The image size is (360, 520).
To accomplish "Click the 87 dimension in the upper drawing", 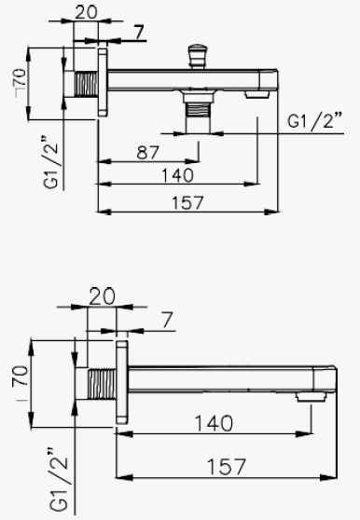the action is pyautogui.click(x=148, y=153).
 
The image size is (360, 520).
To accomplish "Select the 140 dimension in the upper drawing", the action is pyautogui.click(x=177, y=175).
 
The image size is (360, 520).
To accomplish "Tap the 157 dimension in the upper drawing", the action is pyautogui.click(x=187, y=202).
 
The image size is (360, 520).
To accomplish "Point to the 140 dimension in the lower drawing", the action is pyautogui.click(x=214, y=423).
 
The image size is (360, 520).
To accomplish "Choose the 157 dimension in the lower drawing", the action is pyautogui.click(x=227, y=467).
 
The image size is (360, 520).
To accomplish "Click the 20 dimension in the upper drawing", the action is pyautogui.click(x=86, y=12).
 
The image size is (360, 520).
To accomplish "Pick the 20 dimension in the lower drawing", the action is pyautogui.click(x=103, y=296).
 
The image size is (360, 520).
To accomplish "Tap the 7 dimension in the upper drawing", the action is pyautogui.click(x=140, y=33).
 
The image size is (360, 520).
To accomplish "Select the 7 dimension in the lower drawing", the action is pyautogui.click(x=168, y=321).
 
